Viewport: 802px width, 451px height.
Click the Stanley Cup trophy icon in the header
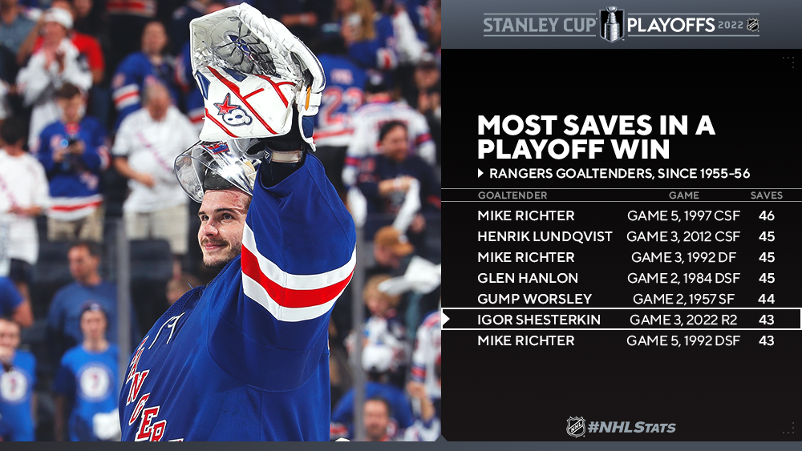tap(612, 25)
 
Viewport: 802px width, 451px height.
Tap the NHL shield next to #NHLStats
tap(575, 426)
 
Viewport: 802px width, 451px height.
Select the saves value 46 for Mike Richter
tap(766, 215)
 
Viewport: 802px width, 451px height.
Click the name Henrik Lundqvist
tap(545, 236)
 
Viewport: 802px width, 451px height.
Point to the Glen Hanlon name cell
tap(528, 278)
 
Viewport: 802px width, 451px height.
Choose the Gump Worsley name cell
tap(534, 299)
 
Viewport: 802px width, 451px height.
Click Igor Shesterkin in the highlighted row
tap(539, 320)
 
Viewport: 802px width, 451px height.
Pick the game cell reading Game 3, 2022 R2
tap(683, 320)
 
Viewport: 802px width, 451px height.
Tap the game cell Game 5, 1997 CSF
tap(683, 215)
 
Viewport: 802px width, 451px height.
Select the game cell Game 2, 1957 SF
tap(683, 299)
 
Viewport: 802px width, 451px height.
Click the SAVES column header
tap(766, 195)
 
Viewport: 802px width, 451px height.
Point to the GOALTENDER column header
tap(512, 195)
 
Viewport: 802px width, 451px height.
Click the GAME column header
tap(684, 195)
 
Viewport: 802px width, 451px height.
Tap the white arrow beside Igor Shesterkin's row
tap(446, 320)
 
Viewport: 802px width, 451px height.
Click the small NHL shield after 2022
tap(752, 25)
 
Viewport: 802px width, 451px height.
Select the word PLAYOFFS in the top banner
tap(670, 25)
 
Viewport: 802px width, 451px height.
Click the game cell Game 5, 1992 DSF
tap(683, 340)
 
